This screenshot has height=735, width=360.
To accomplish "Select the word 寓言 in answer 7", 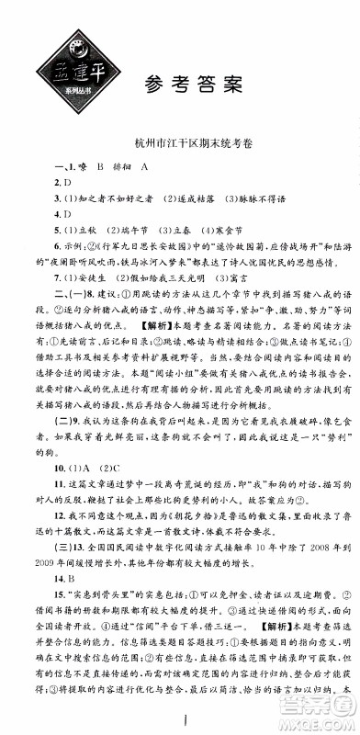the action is click(x=245, y=300).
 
